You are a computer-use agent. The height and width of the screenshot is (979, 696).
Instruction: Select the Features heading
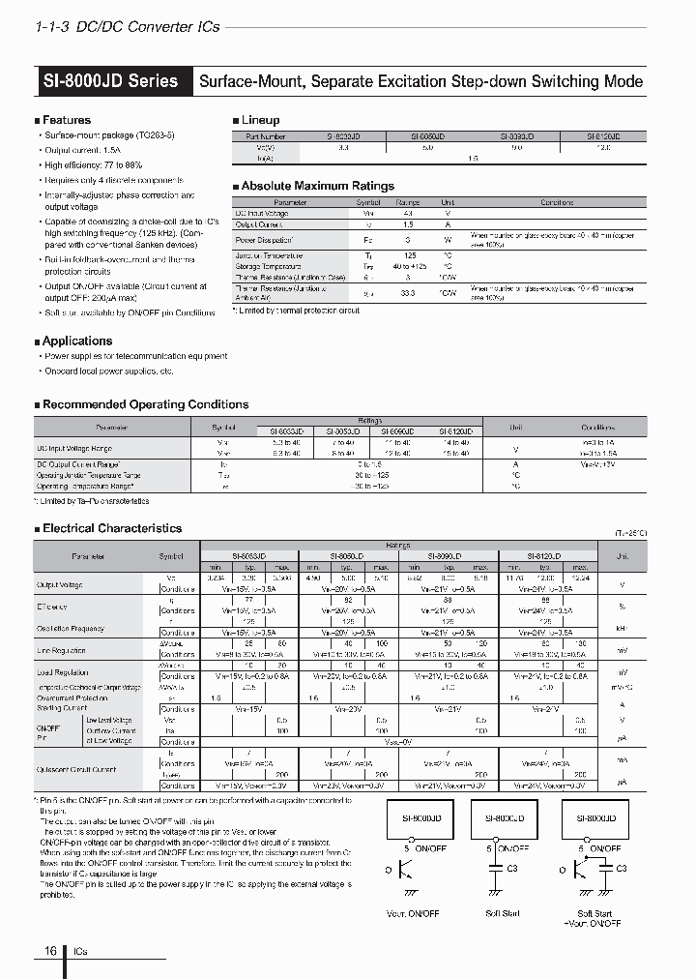(x=67, y=120)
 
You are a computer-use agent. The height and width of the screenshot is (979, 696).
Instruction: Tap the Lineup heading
(x=260, y=120)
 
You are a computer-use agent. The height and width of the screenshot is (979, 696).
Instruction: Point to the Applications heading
(x=77, y=341)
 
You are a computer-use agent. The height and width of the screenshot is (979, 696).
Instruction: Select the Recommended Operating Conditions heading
(x=145, y=404)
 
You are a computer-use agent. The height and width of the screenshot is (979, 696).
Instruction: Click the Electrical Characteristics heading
(x=112, y=528)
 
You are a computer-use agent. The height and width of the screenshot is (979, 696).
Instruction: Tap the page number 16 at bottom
(x=50, y=951)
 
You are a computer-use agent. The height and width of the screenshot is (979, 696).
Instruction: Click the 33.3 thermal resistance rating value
(x=407, y=293)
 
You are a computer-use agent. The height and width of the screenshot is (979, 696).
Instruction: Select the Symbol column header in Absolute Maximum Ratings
(x=368, y=203)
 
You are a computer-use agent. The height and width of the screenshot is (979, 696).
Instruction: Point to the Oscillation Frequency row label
(x=72, y=628)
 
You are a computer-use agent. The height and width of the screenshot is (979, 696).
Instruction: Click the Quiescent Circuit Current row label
(x=78, y=770)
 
